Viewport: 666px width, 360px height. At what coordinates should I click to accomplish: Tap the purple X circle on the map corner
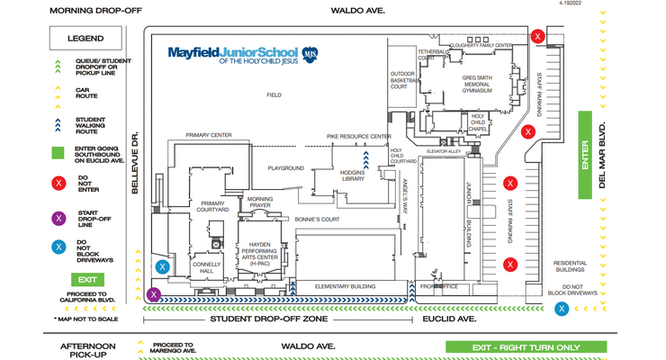click(x=155, y=293)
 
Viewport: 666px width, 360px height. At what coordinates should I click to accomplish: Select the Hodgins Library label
click(x=353, y=175)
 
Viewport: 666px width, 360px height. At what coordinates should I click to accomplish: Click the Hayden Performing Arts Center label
click(x=265, y=249)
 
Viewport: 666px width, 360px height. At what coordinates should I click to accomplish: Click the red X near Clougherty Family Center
click(x=537, y=37)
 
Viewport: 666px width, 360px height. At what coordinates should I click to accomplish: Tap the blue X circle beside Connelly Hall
click(x=163, y=266)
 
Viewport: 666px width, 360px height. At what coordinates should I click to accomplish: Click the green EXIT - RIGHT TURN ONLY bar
click(x=526, y=346)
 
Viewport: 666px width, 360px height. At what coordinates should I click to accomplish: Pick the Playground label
click(x=285, y=168)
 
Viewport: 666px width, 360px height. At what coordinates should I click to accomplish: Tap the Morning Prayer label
click(x=260, y=202)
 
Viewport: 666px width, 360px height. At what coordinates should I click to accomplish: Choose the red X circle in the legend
click(x=58, y=184)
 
